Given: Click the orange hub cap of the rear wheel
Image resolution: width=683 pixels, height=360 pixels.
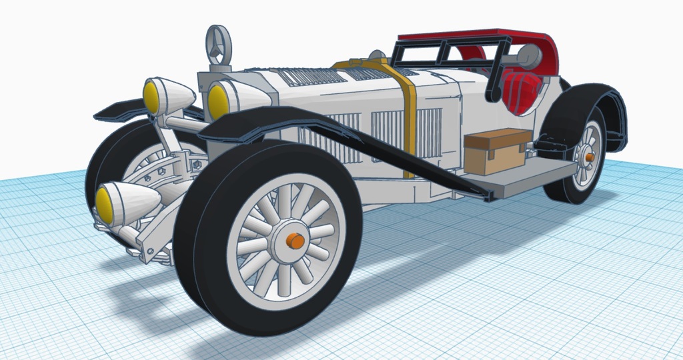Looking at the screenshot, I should (590, 157).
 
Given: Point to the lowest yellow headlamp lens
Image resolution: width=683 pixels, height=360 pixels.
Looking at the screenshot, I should (105, 203).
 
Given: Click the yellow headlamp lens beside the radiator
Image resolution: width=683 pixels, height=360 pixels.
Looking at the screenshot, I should (217, 100).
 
